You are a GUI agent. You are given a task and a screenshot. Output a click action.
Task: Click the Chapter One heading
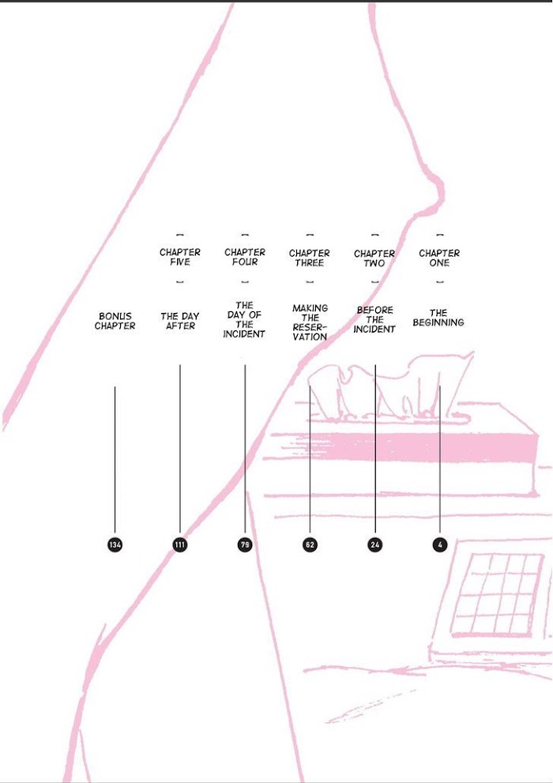[x=439, y=258]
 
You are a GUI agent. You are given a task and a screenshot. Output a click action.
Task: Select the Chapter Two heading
[x=374, y=258]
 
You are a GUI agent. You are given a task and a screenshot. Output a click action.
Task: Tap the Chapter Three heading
[x=310, y=258]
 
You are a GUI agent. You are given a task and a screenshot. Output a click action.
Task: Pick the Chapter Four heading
[x=245, y=257]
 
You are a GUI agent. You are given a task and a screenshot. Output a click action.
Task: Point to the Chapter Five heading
[x=179, y=257]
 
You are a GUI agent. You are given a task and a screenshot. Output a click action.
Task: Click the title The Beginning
[x=438, y=318]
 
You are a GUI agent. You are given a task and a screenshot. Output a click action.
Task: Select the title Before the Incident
[x=374, y=319]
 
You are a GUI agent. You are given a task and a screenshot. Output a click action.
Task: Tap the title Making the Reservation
[x=310, y=322]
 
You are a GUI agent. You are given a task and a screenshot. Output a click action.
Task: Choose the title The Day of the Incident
[x=244, y=319]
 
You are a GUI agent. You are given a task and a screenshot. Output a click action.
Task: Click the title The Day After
[x=179, y=321]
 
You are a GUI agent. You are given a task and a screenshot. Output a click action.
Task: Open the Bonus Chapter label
[x=115, y=321]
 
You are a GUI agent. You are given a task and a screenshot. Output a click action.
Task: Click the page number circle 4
[x=440, y=545]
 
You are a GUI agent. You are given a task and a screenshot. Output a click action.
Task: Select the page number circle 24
[x=374, y=545]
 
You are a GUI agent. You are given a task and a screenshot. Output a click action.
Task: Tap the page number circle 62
[x=310, y=545]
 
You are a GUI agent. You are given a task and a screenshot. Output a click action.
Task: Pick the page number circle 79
[x=245, y=545]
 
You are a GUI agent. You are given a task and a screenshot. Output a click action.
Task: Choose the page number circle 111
[x=179, y=545]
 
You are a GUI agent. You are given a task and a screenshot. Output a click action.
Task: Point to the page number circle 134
[x=115, y=545]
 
